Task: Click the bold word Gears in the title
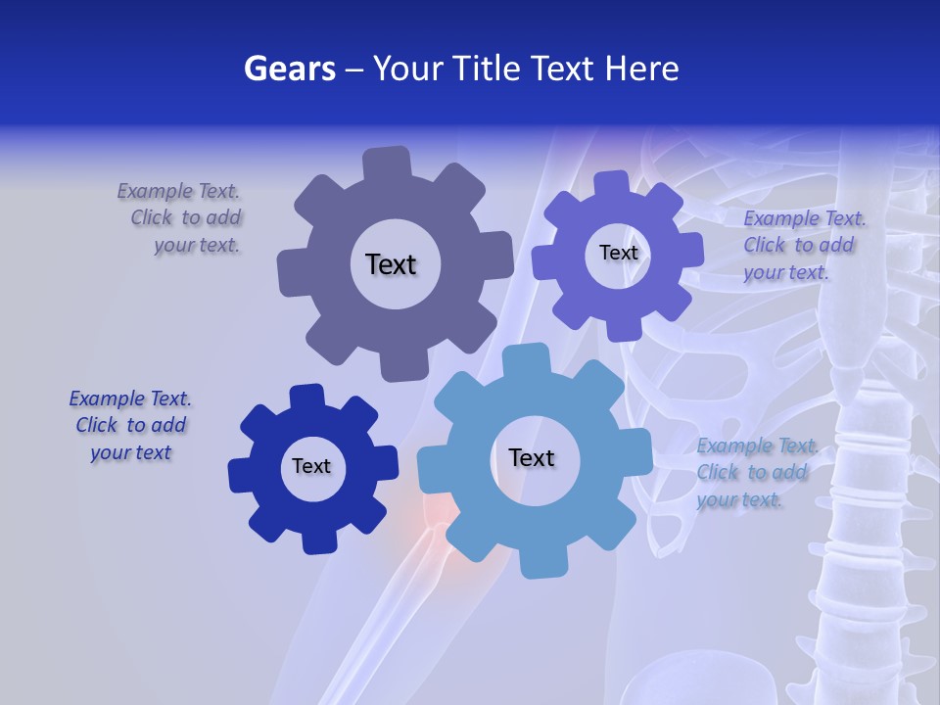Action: (x=289, y=70)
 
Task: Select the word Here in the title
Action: (x=642, y=70)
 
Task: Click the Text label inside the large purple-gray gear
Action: (x=391, y=264)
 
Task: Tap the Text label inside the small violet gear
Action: (x=618, y=253)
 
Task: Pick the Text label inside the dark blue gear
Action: (x=311, y=466)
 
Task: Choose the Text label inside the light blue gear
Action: (x=532, y=457)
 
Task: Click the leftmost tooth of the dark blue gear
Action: (x=240, y=473)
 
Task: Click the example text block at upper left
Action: (x=184, y=218)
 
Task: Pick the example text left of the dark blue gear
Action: (x=130, y=425)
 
